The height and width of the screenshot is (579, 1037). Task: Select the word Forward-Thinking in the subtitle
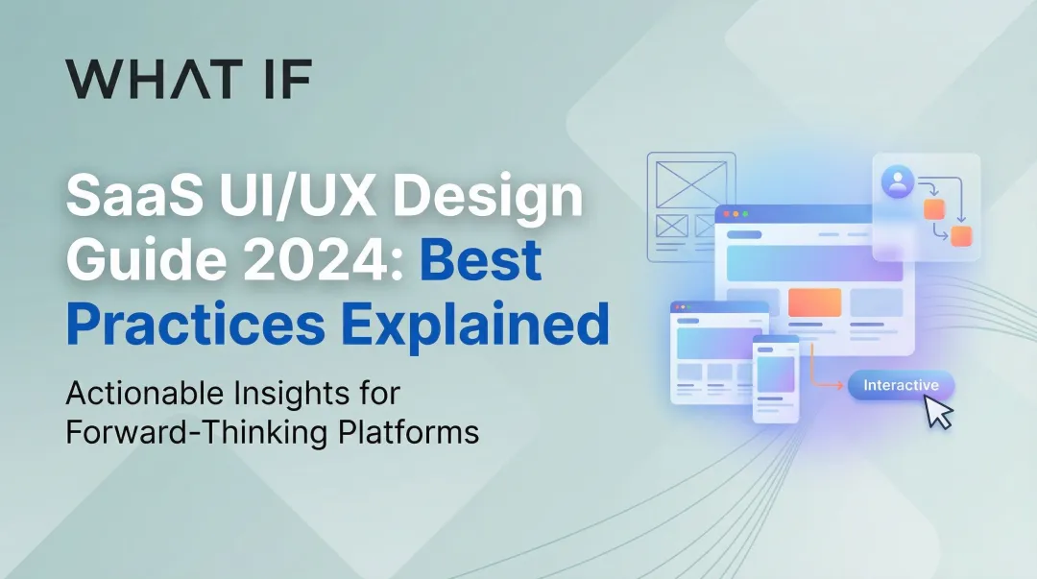(196, 432)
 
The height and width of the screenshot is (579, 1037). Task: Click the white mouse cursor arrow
(938, 413)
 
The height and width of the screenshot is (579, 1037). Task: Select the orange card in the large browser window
(814, 302)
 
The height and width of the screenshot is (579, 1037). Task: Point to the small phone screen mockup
(776, 377)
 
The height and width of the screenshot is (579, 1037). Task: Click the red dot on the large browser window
(727, 213)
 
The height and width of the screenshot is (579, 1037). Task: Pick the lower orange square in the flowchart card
(961, 236)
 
